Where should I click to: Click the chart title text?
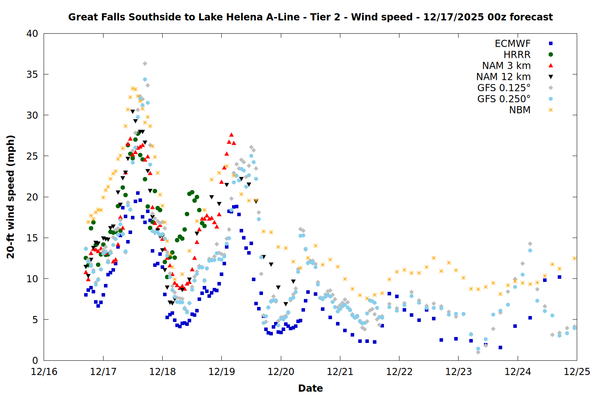coord(310,17)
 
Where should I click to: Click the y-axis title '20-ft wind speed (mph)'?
coord(11,197)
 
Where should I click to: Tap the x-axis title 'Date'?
coord(310,388)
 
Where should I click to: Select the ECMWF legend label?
coord(512,44)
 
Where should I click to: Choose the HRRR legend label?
coord(517,55)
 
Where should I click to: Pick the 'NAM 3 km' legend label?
coord(506,66)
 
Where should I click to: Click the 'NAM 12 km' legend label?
coord(503,77)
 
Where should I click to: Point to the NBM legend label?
coord(520,110)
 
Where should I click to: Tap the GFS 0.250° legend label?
coord(504,99)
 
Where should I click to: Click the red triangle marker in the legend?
coord(551,65)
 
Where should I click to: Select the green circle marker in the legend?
coord(551,55)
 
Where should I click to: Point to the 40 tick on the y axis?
coord(33,34)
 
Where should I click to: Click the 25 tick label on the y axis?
coord(33,156)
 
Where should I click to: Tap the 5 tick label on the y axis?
coord(35,320)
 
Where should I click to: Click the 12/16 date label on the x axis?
coord(44,372)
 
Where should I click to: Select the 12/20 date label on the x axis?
coord(281,372)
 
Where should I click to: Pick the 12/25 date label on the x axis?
coord(577,372)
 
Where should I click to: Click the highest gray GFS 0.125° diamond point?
coord(145,64)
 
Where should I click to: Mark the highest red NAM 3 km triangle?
coord(232,135)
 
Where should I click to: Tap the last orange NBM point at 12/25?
coord(574,258)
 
